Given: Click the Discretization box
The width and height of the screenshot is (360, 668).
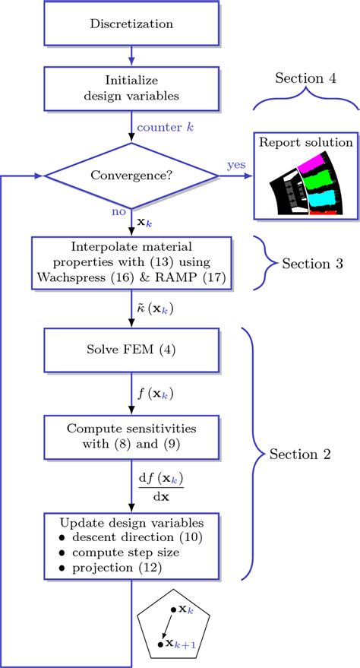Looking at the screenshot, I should coord(131,24).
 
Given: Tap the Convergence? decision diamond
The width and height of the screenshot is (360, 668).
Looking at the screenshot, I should coord(131,176).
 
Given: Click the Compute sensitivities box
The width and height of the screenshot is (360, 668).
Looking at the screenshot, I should coord(131,435).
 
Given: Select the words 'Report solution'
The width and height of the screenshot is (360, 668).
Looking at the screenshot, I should coord(306,143).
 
